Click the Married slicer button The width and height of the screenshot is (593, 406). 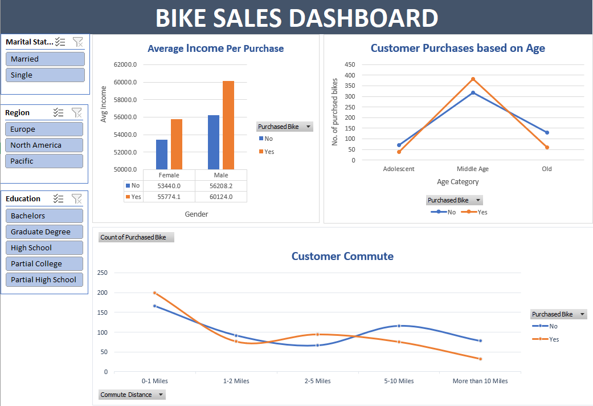pyautogui.click(x=45, y=59)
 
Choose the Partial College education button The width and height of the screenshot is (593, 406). pyautogui.click(x=44, y=263)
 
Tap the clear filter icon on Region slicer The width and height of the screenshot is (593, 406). pyautogui.click(x=77, y=113)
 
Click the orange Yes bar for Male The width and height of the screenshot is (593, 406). pyautogui.click(x=228, y=125)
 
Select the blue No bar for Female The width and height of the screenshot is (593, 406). pyautogui.click(x=162, y=155)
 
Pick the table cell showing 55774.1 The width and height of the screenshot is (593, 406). pyautogui.click(x=169, y=196)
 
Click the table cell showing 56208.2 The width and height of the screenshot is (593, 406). pyautogui.click(x=221, y=186)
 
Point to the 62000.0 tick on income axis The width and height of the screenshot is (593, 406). pyautogui.click(x=125, y=65)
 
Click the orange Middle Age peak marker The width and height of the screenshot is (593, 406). pyautogui.click(x=473, y=79)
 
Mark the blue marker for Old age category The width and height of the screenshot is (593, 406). pyautogui.click(x=547, y=132)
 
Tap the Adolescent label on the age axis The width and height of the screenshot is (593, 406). pyautogui.click(x=399, y=169)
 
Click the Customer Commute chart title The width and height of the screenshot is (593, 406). pyautogui.click(x=342, y=256)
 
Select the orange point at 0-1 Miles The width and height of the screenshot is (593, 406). pyautogui.click(x=154, y=293)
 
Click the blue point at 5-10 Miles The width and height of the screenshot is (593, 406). pyautogui.click(x=399, y=326)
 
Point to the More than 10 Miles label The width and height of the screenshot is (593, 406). pyautogui.click(x=480, y=381)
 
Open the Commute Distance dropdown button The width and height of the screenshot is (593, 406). pyautogui.click(x=161, y=395)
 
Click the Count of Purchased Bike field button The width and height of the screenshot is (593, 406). pyautogui.click(x=136, y=237)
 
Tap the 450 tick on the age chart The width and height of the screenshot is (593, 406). pyautogui.click(x=350, y=64)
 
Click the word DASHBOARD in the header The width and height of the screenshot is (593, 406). pyautogui.click(x=366, y=18)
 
